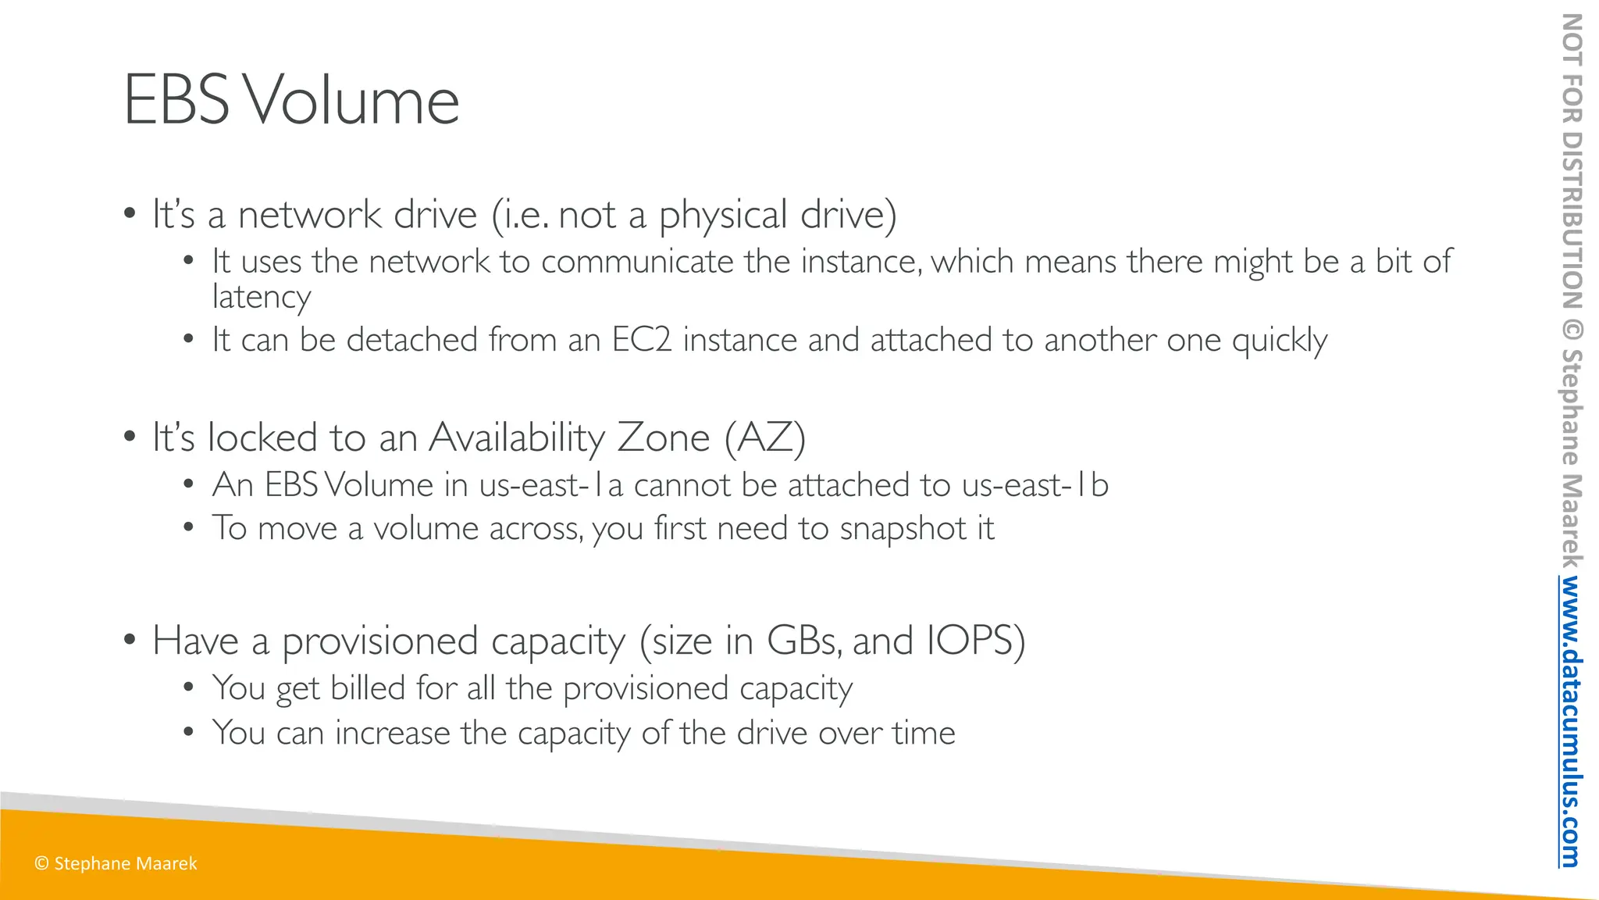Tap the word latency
click(x=262, y=297)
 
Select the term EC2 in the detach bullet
click(x=641, y=340)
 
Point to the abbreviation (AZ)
click(x=764, y=437)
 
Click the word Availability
click(x=517, y=437)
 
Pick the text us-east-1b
click(x=1035, y=485)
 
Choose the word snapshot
click(x=903, y=529)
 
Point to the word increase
click(x=393, y=733)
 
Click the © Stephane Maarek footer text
click(x=116, y=863)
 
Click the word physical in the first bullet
click(x=723, y=215)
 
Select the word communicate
click(x=637, y=262)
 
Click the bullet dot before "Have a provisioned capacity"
click(x=130, y=640)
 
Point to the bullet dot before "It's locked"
click(x=130, y=437)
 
